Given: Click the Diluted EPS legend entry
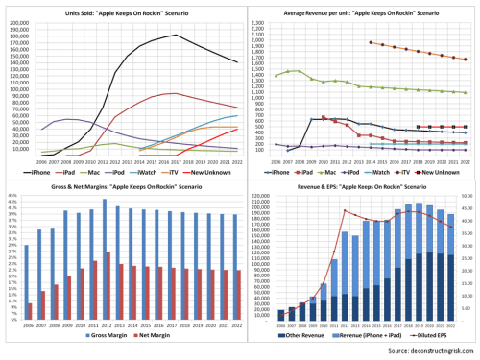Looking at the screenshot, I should pos(426,339).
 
